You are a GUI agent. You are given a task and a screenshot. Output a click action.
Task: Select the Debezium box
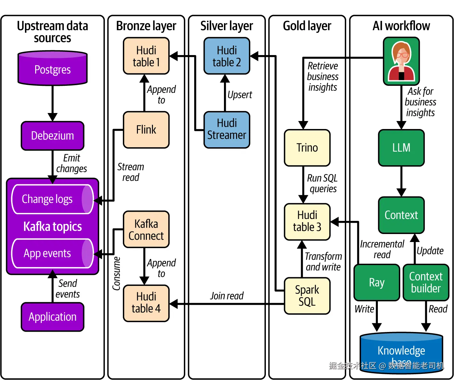[x=52, y=136]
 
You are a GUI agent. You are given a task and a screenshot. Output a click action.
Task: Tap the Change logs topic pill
[x=52, y=199]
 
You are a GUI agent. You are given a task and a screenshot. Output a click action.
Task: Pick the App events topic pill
[x=52, y=253]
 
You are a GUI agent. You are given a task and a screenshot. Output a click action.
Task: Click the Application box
[x=52, y=317]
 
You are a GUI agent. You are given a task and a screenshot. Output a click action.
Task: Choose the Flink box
[x=146, y=130]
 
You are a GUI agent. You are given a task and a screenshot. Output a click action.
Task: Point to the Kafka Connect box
[x=146, y=230]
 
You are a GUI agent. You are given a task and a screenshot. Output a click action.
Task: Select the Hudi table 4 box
[x=146, y=303]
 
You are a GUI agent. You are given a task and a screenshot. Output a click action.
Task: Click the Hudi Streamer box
[x=227, y=129]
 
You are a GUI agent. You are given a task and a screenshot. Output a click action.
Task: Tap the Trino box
[x=307, y=148]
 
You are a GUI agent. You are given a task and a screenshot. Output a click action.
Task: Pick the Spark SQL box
[x=307, y=295]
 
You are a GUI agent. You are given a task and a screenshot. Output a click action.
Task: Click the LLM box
[x=401, y=148]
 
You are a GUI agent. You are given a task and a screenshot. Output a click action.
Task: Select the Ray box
[x=377, y=282]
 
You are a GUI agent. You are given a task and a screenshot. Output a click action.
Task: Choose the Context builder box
[x=426, y=282]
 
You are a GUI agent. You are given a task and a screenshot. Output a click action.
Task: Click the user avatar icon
[x=401, y=61]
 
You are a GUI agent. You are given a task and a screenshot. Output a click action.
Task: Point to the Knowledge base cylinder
[x=401, y=352]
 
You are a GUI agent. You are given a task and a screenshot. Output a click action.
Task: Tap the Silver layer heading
[x=227, y=26]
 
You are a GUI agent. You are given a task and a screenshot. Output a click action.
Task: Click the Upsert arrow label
[x=240, y=95]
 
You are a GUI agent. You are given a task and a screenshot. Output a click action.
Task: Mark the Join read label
[x=227, y=296]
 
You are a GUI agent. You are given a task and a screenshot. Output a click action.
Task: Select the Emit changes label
[x=72, y=163]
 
